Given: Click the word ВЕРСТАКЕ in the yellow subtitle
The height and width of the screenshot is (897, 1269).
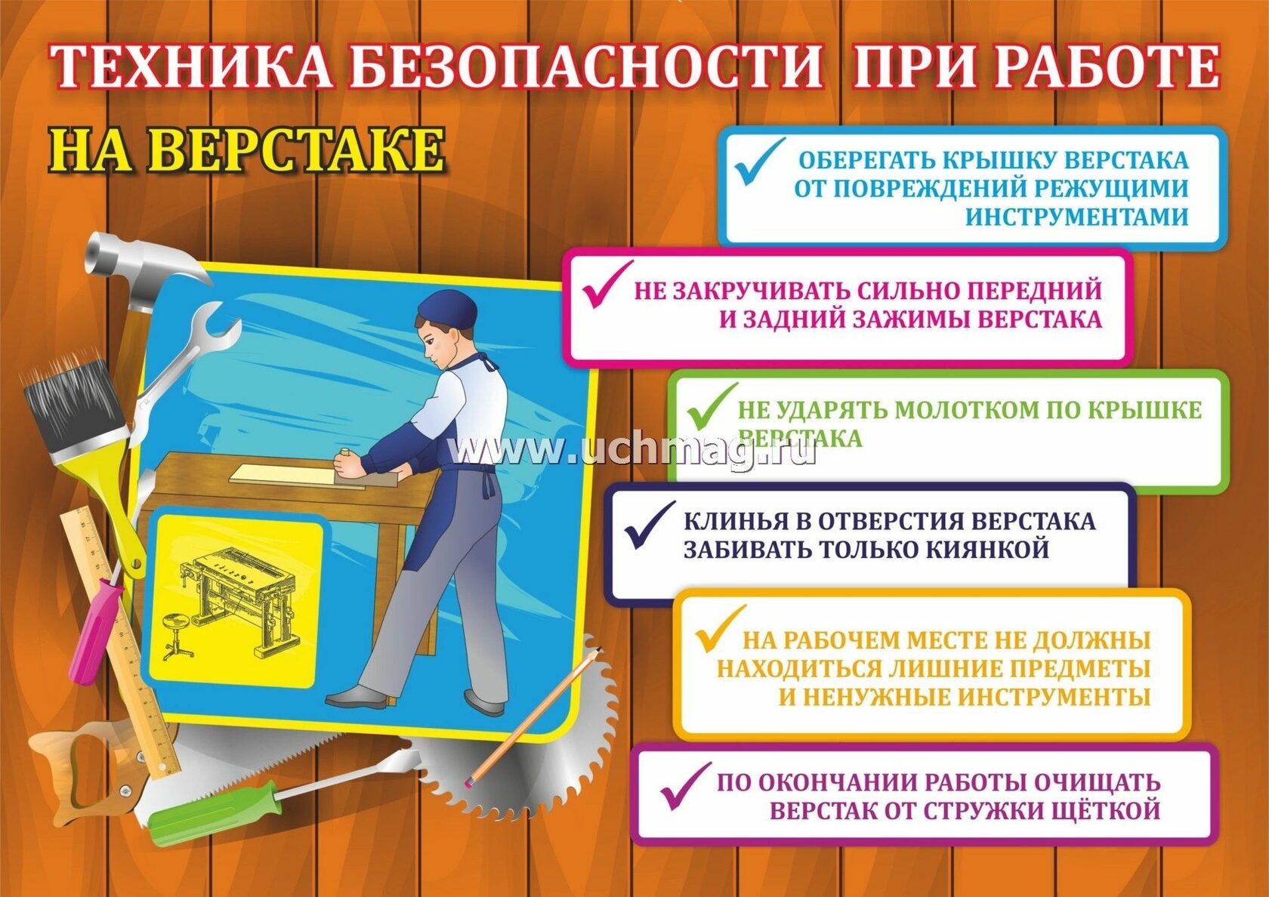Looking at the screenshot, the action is point(298,151).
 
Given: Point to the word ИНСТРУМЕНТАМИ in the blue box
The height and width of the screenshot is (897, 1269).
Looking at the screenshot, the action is point(1076,217).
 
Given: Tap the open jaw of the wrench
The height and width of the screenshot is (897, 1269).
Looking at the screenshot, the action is point(216,328).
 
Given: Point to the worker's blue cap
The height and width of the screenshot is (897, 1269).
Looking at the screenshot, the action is point(447,310).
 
